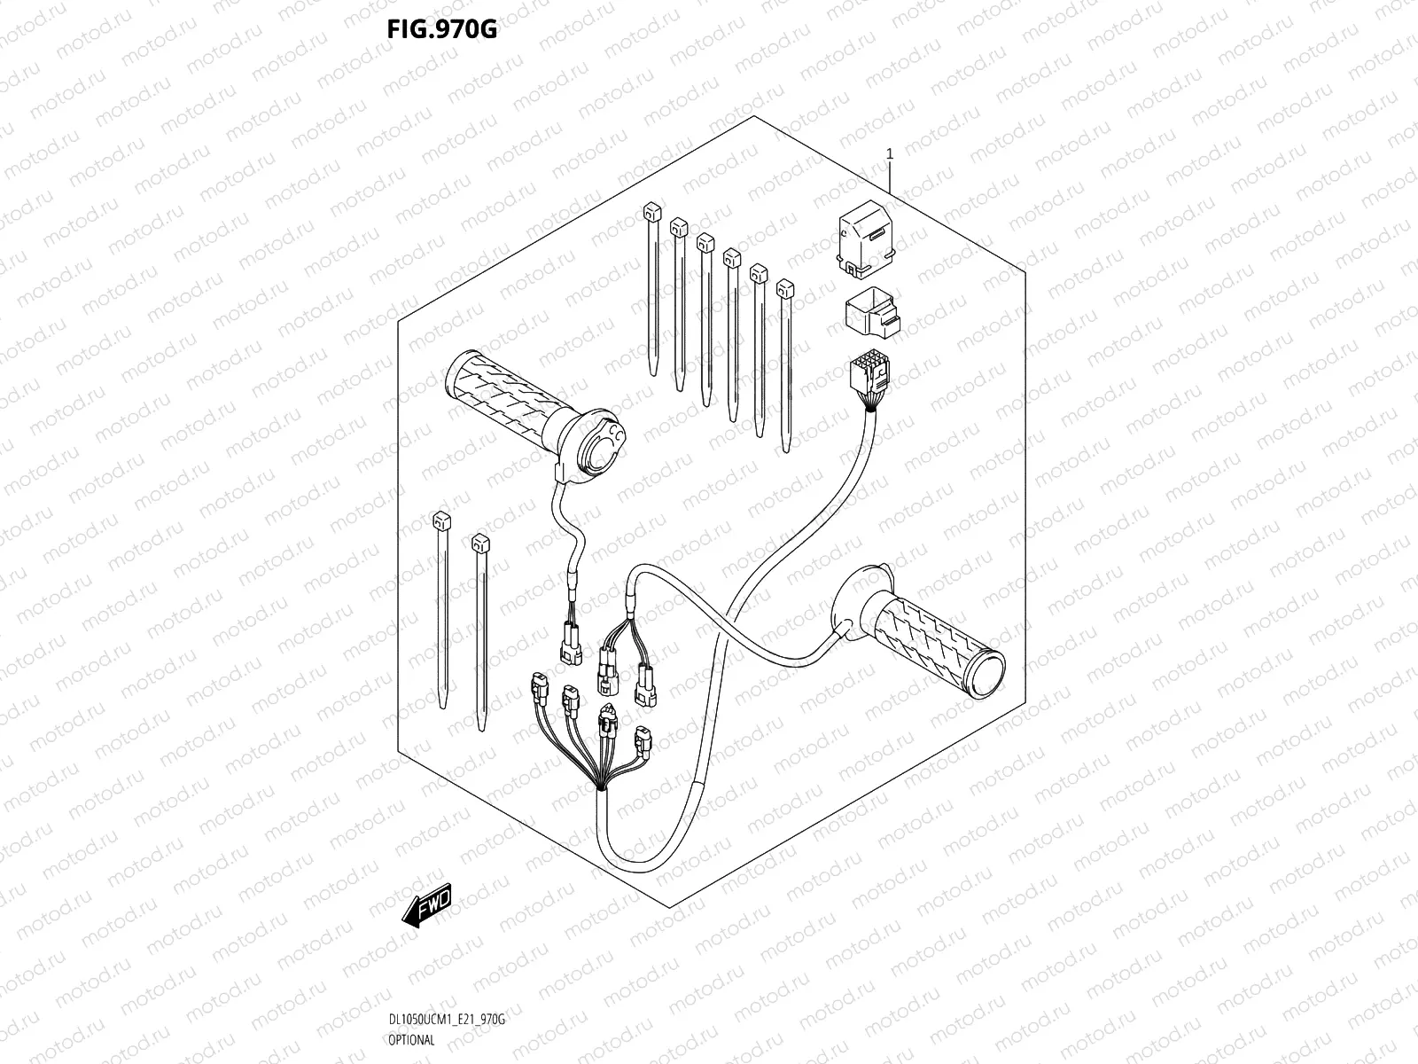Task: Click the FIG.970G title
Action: [441, 30]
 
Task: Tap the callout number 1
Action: [890, 153]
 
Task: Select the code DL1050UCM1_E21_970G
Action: [446, 1021]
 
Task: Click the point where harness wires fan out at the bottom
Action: [604, 787]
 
